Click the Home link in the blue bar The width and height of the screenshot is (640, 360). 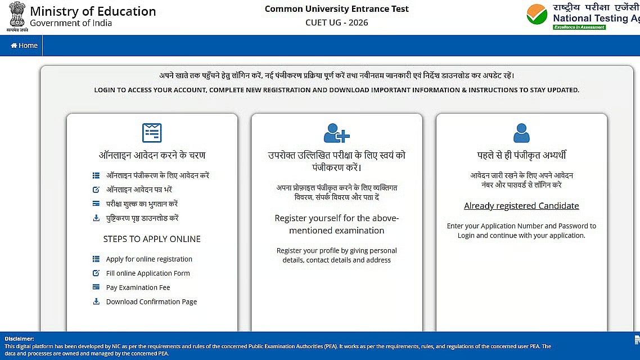[x=24, y=46]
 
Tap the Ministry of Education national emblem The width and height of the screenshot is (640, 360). [x=17, y=15]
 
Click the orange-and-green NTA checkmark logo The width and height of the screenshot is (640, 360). [x=537, y=14]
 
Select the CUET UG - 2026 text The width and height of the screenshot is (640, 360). [x=336, y=22]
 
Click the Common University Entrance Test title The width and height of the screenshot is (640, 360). [x=336, y=8]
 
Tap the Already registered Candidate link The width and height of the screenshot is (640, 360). [x=521, y=206]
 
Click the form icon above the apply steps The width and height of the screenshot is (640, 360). [x=152, y=133]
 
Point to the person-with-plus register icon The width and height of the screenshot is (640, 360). [x=336, y=133]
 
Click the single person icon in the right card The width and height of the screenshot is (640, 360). [x=521, y=133]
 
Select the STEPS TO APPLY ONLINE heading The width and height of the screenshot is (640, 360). [x=152, y=239]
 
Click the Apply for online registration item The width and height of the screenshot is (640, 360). [x=149, y=259]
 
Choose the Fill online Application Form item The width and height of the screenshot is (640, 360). [x=148, y=273]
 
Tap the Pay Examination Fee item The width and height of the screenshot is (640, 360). [x=138, y=287]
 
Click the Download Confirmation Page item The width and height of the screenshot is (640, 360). [x=151, y=302]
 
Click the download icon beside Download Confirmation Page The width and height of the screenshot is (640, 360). [x=96, y=301]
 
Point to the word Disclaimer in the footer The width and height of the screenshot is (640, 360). [x=19, y=339]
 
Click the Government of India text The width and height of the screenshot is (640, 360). [x=71, y=23]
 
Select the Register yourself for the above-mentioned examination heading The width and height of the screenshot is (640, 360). [x=336, y=224]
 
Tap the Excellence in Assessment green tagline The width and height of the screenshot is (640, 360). [x=579, y=27]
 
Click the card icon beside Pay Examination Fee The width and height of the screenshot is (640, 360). [x=96, y=287]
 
